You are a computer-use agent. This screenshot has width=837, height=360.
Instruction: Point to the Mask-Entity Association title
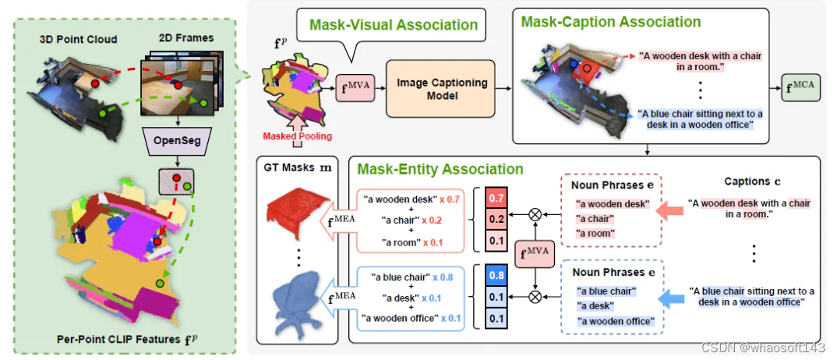pyautogui.click(x=440, y=168)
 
